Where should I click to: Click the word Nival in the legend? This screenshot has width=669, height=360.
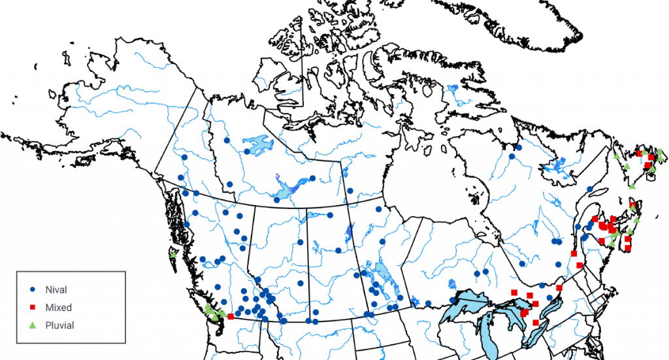pyautogui.click(x=56, y=289)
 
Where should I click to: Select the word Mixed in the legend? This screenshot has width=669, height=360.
pyautogui.click(x=58, y=307)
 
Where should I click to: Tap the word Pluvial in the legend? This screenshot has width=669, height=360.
pyautogui.click(x=60, y=325)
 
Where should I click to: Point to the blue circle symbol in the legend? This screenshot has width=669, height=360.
pyautogui.click(x=32, y=289)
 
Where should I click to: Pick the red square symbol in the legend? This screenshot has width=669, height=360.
pyautogui.click(x=32, y=307)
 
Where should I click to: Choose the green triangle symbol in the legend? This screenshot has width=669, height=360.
pyautogui.click(x=32, y=325)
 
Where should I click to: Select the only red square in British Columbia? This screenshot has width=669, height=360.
pyautogui.click(x=231, y=316)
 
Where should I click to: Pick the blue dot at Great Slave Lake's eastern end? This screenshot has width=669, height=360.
pyautogui.click(x=312, y=178)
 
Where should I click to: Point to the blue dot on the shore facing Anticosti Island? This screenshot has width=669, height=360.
pyautogui.click(x=590, y=189)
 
